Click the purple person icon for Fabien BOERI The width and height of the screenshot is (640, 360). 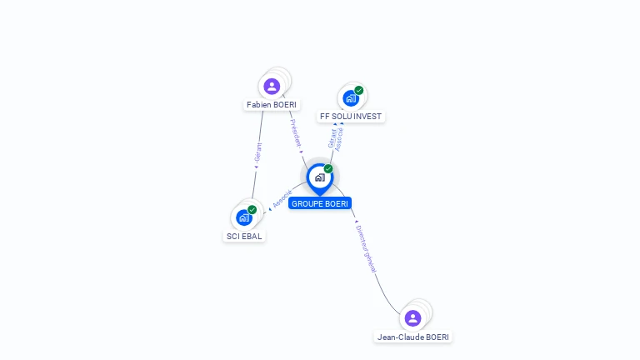[271, 86]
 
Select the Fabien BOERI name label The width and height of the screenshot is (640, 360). [272, 105]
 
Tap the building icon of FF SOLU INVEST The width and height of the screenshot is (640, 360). [351, 98]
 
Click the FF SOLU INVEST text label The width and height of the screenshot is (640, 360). [351, 117]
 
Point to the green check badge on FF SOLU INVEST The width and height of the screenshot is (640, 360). [359, 90]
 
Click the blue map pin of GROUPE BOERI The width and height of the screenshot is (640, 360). [319, 177]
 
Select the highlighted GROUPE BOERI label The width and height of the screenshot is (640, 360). [320, 203]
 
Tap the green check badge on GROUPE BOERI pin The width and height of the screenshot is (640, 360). [328, 168]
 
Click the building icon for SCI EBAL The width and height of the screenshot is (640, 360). [244, 217]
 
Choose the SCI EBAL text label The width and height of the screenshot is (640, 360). [244, 236]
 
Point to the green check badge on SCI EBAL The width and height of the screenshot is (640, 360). [252, 209]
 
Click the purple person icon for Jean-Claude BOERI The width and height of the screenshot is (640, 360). [412, 317]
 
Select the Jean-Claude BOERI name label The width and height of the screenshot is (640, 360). [413, 337]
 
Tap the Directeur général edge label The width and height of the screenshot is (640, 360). [366, 248]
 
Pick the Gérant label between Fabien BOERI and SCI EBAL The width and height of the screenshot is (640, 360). [258, 154]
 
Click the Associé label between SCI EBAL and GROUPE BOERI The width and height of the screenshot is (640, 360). [282, 199]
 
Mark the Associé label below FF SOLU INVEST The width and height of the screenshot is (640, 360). [339, 137]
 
